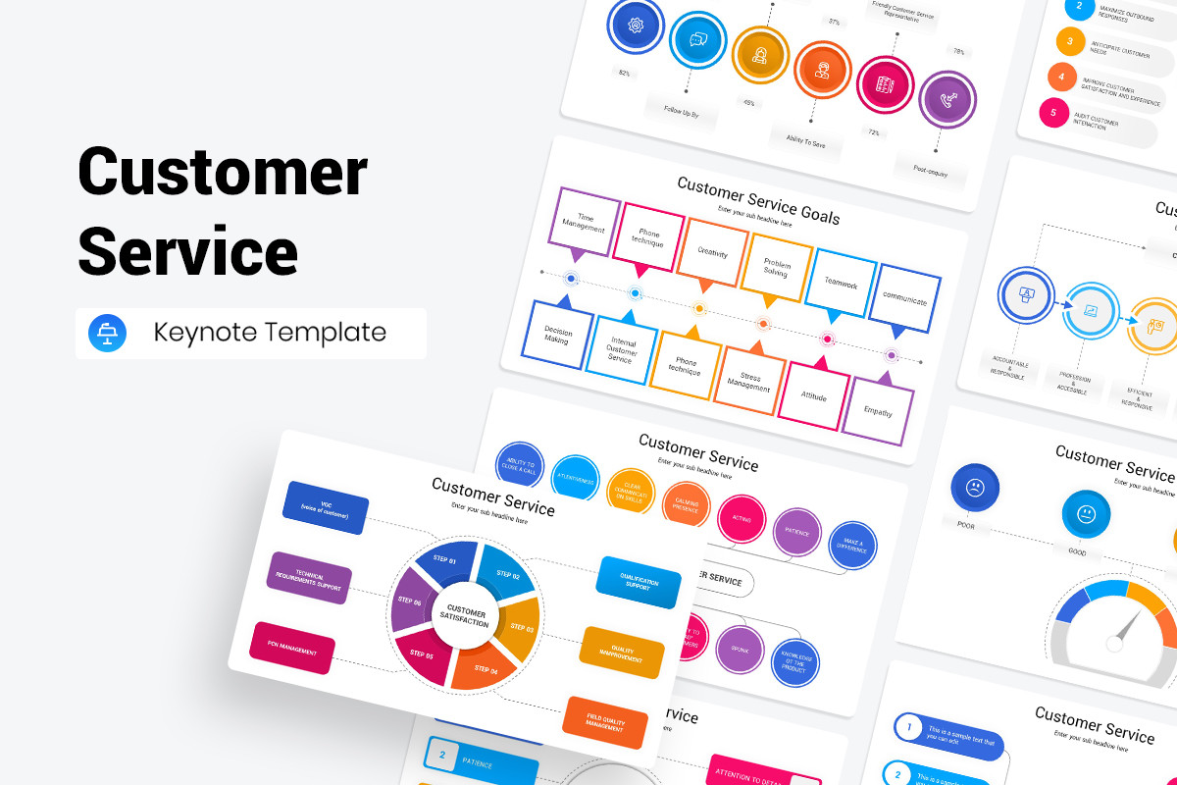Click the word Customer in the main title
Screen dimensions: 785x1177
click(223, 173)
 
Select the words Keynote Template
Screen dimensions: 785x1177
click(270, 333)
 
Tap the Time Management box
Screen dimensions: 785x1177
click(585, 220)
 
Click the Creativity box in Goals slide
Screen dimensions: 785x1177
click(713, 251)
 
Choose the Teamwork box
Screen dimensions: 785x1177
click(841, 283)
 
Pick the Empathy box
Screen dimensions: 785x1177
click(878, 411)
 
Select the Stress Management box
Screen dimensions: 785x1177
click(749, 381)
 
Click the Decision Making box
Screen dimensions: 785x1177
click(557, 334)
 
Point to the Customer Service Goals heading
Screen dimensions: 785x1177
click(758, 200)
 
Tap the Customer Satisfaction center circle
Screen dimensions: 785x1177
click(465, 615)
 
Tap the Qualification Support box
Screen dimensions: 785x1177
click(639, 583)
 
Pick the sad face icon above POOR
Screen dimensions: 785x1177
click(975, 488)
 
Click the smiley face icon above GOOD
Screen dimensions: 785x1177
click(1086, 514)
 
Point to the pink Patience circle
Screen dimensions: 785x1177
click(796, 534)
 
